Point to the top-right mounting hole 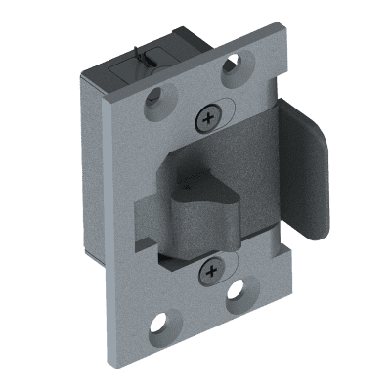(x=232, y=66)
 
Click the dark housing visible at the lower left (x=102, y=244)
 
